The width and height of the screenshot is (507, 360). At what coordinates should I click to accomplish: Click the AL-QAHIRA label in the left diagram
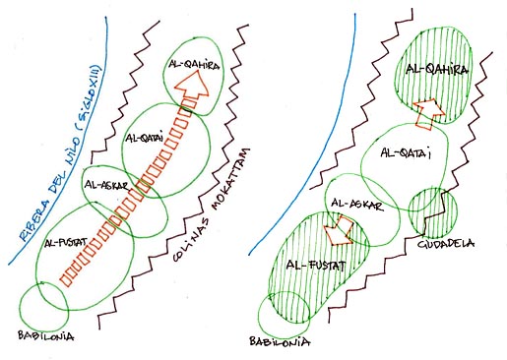coord(194,65)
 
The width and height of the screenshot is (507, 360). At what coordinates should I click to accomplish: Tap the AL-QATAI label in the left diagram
coord(144,139)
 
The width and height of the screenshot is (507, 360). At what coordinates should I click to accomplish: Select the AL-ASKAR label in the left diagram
coord(105,185)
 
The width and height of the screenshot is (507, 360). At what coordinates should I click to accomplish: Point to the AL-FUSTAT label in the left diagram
coord(66,243)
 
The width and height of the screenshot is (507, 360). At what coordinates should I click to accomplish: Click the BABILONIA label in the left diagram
coord(45,336)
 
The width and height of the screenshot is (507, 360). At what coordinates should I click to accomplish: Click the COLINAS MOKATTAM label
coord(212,205)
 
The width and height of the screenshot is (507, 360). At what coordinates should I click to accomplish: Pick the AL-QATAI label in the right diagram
coord(406,153)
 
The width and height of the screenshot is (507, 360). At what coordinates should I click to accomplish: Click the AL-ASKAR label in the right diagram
coord(356,205)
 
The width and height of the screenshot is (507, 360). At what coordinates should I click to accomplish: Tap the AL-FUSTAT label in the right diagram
coord(316,265)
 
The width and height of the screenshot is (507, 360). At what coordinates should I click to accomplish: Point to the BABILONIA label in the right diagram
coord(280,341)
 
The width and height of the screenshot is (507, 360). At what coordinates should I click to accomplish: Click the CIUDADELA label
coord(446,244)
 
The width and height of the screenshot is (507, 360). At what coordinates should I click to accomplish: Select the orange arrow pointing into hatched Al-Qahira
coord(428,113)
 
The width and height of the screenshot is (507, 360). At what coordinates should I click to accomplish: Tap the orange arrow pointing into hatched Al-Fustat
coord(338,230)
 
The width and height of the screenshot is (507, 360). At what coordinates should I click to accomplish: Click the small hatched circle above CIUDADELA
coord(409,210)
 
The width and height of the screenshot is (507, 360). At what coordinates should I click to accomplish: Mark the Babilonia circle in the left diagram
coord(20,307)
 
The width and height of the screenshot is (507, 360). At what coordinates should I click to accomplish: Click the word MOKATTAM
coord(230,180)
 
